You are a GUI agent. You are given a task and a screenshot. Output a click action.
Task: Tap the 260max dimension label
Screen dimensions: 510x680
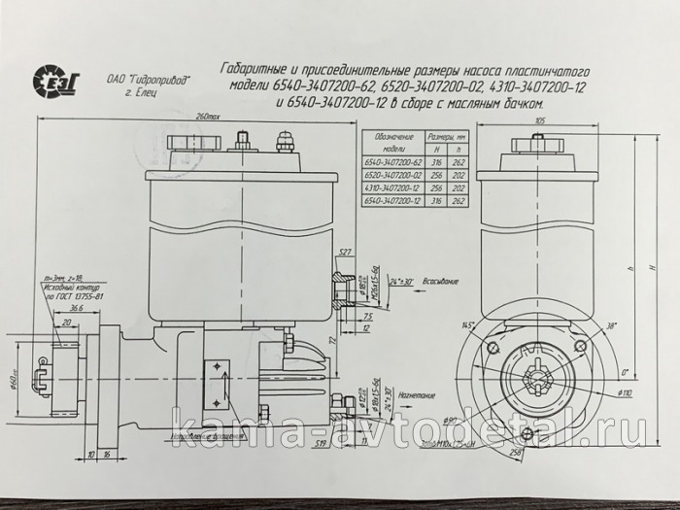point(206,117)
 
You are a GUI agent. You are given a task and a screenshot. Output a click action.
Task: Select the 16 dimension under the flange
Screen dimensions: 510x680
point(107,454)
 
